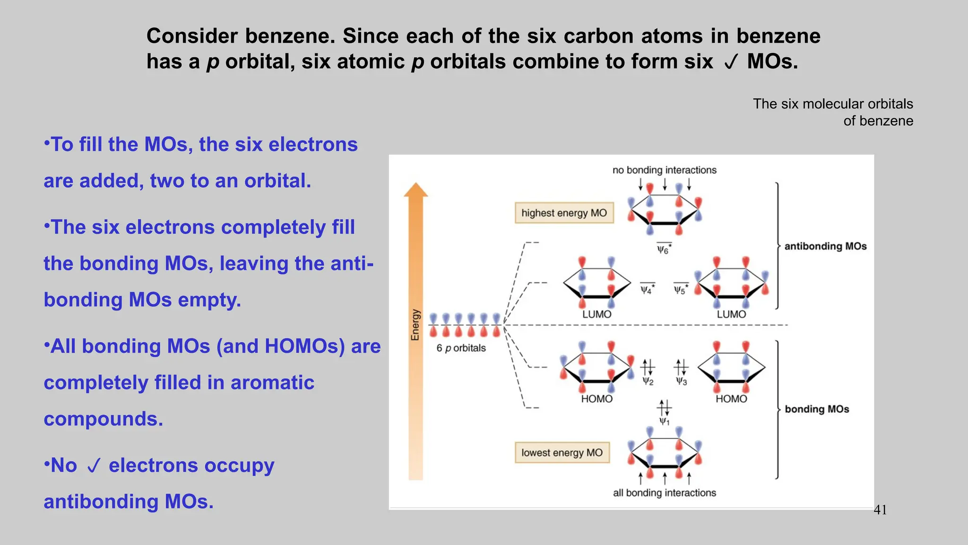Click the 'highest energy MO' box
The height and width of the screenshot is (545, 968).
click(x=564, y=213)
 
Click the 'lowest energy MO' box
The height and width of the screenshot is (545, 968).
click(x=562, y=453)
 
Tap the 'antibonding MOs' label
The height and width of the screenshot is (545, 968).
click(x=825, y=246)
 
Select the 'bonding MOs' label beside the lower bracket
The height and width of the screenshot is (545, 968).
click(x=817, y=409)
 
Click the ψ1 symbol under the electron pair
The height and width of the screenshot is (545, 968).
click(x=664, y=421)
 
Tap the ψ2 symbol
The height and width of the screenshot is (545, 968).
click(x=648, y=381)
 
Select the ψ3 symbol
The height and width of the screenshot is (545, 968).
click(x=681, y=381)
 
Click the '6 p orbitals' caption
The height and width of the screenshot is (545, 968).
click(x=461, y=348)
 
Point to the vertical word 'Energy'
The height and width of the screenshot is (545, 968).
click(x=415, y=325)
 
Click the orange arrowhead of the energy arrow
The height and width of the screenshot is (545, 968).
click(x=415, y=190)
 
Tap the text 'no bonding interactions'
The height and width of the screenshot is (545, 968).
click(x=664, y=170)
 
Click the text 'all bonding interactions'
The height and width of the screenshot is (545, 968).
click(x=664, y=493)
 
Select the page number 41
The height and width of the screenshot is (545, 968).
click(x=880, y=510)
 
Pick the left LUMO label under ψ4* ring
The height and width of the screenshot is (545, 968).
click(x=596, y=315)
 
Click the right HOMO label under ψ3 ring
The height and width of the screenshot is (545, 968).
click(x=731, y=399)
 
